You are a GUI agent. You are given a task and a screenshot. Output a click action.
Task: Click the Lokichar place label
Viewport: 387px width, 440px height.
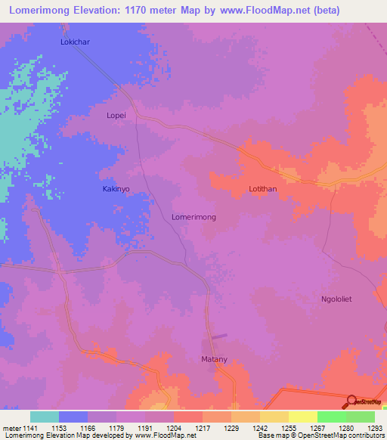(75, 42)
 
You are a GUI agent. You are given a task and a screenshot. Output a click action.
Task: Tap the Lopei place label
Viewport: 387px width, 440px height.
(119, 116)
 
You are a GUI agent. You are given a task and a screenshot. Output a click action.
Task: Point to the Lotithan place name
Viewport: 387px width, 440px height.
(264, 189)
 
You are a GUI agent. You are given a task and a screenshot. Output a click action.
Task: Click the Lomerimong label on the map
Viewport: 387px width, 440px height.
(193, 217)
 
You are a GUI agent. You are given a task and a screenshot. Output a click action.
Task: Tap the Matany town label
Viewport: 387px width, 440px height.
(214, 359)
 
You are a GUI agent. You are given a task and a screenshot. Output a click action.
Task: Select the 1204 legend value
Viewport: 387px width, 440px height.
(173, 427)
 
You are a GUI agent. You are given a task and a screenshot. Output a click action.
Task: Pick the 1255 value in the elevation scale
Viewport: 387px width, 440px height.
(288, 427)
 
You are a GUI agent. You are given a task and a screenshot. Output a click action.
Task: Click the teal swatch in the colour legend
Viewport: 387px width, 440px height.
(45, 417)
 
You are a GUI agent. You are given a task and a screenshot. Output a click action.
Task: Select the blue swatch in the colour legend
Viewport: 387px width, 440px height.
(73, 417)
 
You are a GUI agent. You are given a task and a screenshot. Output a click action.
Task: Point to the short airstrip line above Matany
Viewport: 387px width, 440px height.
(218, 336)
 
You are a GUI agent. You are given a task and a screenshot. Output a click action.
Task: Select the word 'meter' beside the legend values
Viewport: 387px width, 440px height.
(11, 427)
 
